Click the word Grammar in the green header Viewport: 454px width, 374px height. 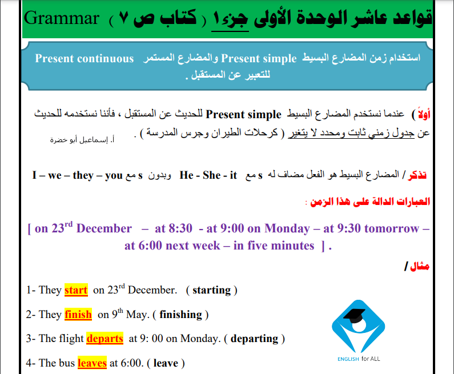pyautogui.click(x=62, y=18)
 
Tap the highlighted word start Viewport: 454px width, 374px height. pyautogui.click(x=76, y=290)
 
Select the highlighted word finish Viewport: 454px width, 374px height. pyautogui.click(x=78, y=315)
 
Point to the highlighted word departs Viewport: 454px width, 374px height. pyautogui.click(x=105, y=339)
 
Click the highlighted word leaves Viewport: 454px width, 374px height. pyautogui.click(x=92, y=363)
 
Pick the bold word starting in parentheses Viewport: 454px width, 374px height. pyautogui.click(x=212, y=290)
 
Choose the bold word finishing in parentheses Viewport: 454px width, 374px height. pyautogui.click(x=180, y=315)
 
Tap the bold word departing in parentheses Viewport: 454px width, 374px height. pyautogui.click(x=254, y=339)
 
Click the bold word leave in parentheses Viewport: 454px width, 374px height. pyautogui.click(x=166, y=363)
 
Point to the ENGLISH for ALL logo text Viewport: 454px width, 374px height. pyautogui.click(x=359, y=359)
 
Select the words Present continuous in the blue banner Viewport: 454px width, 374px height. pyautogui.click(x=85, y=58)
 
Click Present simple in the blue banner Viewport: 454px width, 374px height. pyautogui.click(x=259, y=59)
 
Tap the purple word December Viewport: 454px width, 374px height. pyautogui.click(x=104, y=228)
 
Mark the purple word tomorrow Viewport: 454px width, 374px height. pyautogui.click(x=391, y=228)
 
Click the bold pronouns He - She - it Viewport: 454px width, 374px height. pyautogui.click(x=208, y=175)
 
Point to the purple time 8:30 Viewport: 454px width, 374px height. pyautogui.click(x=180, y=228)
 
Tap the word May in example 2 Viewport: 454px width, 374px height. pyautogui.click(x=138, y=315)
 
